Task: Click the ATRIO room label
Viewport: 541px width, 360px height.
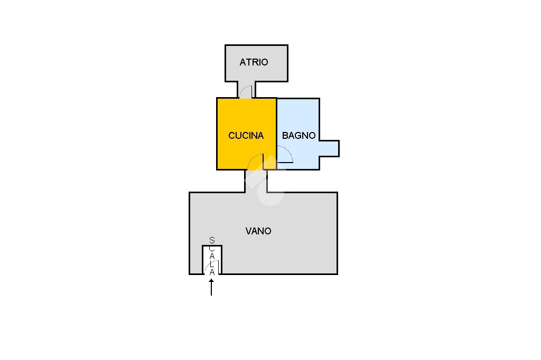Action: click(x=254, y=62)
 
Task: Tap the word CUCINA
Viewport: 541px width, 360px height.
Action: click(x=246, y=136)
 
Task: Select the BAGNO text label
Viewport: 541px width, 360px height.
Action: click(x=299, y=136)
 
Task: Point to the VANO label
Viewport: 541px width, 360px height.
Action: click(x=258, y=231)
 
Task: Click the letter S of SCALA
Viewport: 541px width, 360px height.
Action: click(x=212, y=240)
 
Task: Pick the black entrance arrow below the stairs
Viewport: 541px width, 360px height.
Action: click(x=211, y=287)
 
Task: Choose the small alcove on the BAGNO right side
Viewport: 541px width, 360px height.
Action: click(x=329, y=149)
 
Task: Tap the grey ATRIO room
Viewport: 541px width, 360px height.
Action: click(x=256, y=63)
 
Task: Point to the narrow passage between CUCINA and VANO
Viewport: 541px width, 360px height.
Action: click(x=256, y=181)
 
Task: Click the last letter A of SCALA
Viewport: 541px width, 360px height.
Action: click(x=212, y=272)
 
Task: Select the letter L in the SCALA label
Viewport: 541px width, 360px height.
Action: click(x=212, y=264)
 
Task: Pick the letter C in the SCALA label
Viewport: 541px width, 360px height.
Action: click(x=212, y=248)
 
